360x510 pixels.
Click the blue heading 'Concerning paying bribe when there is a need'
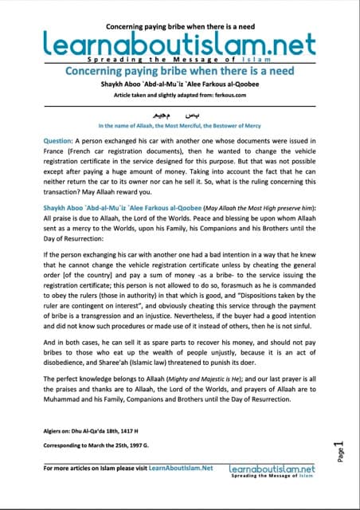pyautogui.click(x=179, y=70)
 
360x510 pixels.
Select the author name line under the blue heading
pyautogui.click(x=179, y=84)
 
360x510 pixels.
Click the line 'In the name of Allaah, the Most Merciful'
pyautogui.click(x=179, y=126)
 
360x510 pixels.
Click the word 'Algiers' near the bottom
pyautogui.click(x=57, y=430)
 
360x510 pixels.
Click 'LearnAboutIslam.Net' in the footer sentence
pyautogui.click(x=178, y=469)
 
